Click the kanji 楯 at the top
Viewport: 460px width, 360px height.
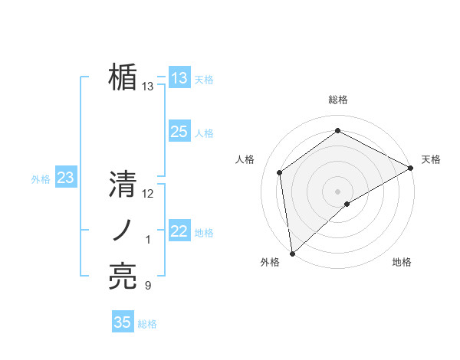click(123, 77)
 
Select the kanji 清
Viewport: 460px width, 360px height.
click(123, 185)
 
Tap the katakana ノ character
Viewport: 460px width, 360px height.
click(123, 231)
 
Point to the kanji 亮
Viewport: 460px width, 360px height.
click(123, 277)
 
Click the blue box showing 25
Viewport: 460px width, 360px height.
click(179, 132)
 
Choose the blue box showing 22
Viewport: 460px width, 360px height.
click(179, 231)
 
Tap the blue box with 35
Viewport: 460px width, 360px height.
click(123, 322)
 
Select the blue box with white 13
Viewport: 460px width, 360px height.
click(179, 78)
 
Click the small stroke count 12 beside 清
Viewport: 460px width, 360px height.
click(148, 195)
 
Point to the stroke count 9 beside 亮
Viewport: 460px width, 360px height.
click(148, 286)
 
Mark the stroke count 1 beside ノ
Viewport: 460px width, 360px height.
click(148, 241)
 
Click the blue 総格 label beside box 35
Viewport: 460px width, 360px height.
click(147, 324)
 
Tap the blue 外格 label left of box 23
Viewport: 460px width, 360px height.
click(41, 179)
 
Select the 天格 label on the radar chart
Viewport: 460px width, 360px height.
click(431, 159)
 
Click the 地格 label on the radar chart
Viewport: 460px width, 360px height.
click(402, 263)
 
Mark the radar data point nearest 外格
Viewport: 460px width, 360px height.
click(291, 253)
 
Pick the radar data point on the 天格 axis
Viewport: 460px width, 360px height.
click(410, 167)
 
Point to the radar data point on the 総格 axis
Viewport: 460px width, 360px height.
click(337, 131)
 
